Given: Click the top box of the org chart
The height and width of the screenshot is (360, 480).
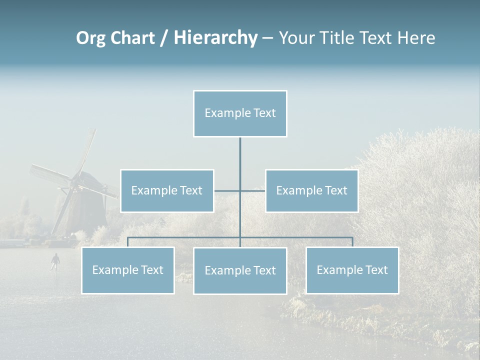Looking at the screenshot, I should coord(240,113).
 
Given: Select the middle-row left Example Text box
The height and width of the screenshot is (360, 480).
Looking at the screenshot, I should coord(167,190).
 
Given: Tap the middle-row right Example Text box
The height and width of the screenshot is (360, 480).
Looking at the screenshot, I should coord(311,190).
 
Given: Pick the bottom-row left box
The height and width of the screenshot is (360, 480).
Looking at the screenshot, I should coord(128,270).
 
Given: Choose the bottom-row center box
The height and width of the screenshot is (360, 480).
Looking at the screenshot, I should coord(240,270).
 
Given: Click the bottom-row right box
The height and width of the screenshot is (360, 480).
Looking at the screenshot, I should coord(352,270).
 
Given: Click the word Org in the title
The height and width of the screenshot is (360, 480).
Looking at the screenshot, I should coord(90,38).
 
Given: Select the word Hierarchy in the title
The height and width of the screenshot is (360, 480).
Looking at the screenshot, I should coord(215,38).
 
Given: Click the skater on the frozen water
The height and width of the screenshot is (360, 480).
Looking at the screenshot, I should coord(55,260).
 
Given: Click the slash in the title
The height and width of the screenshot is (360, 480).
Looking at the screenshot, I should coord(163,38).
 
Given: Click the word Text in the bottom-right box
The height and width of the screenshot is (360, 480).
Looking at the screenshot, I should coord(375,270).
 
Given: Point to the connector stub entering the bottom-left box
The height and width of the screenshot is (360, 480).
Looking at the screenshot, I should coord(128,242).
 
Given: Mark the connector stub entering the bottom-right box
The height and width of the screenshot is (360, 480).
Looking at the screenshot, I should coord(352,242).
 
